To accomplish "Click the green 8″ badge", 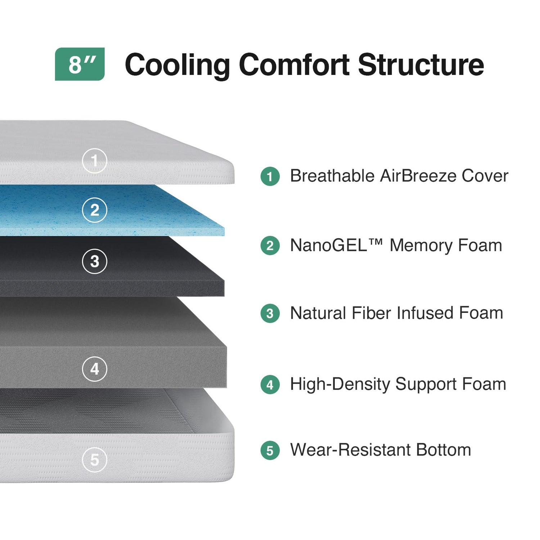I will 80,64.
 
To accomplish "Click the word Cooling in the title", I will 177,65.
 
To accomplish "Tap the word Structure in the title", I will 421,65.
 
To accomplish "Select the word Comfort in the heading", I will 294,65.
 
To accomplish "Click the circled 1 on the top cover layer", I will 95,161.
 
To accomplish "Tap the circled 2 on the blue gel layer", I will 95,210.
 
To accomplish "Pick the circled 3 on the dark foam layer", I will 95,261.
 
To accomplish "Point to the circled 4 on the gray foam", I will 95,369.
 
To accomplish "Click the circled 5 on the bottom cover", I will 95,459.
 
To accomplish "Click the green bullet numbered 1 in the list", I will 270,177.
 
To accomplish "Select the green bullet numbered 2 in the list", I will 270,246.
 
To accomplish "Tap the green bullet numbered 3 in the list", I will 270,314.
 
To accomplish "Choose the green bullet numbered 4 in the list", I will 270,385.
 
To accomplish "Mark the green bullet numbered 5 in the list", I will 270,451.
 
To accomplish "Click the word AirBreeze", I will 418,176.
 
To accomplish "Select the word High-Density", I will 340,384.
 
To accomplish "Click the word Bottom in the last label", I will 444,450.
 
